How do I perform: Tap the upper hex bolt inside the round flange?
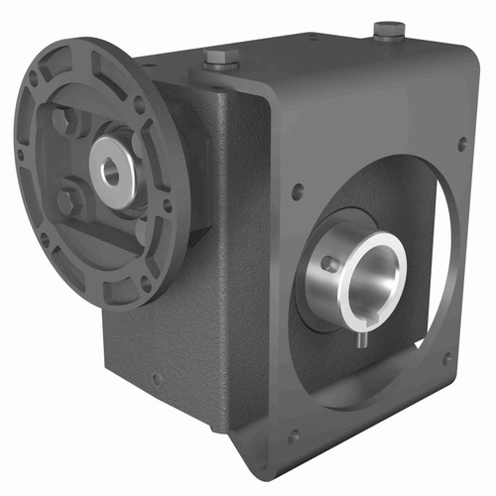click(64, 123)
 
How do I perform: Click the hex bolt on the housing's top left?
click(219, 60)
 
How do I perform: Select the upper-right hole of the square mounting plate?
click(462, 144)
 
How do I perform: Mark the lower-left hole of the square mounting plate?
click(293, 434)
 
